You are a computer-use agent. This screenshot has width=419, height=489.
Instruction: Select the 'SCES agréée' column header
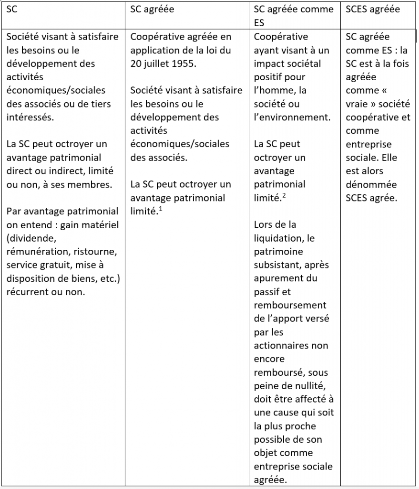pyautogui.click(x=373, y=10)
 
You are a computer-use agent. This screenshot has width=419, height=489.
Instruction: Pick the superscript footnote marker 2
pyautogui.click(x=284, y=195)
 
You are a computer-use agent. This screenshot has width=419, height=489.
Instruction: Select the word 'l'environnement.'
pyautogui.click(x=292, y=117)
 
